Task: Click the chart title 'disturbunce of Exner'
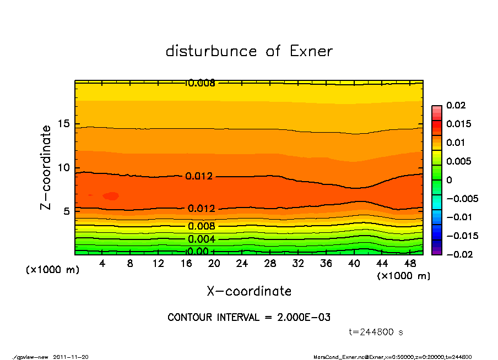249,51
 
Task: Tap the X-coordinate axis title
249,291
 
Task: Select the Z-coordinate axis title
46,167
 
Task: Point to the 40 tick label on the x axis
354,264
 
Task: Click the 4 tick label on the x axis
102,264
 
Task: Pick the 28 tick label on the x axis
270,264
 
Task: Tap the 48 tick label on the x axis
410,264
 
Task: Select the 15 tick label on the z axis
64,124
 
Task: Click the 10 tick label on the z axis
64,168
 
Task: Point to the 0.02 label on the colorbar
457,105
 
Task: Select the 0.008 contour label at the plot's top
201,83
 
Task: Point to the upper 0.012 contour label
199,177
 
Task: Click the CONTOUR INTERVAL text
249,318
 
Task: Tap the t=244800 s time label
376,332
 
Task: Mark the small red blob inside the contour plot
111,195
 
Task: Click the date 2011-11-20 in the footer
71,357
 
